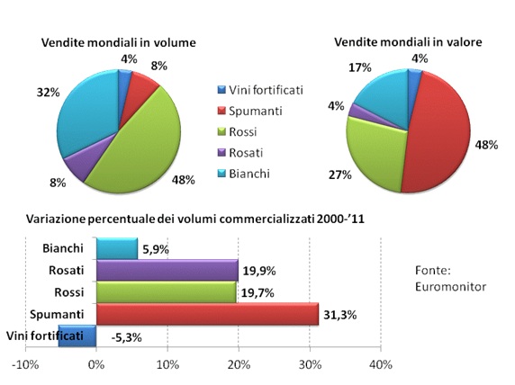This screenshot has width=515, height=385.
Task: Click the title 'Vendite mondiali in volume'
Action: coord(118,41)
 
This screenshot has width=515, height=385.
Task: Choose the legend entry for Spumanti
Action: coord(257,110)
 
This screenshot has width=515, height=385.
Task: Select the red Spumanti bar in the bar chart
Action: coord(207,313)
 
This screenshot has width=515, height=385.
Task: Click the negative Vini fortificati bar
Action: coord(77,336)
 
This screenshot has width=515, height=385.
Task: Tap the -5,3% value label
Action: coord(125,336)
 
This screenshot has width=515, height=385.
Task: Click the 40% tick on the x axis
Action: coord(380,364)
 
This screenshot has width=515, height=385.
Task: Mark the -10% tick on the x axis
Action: coord(24,364)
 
